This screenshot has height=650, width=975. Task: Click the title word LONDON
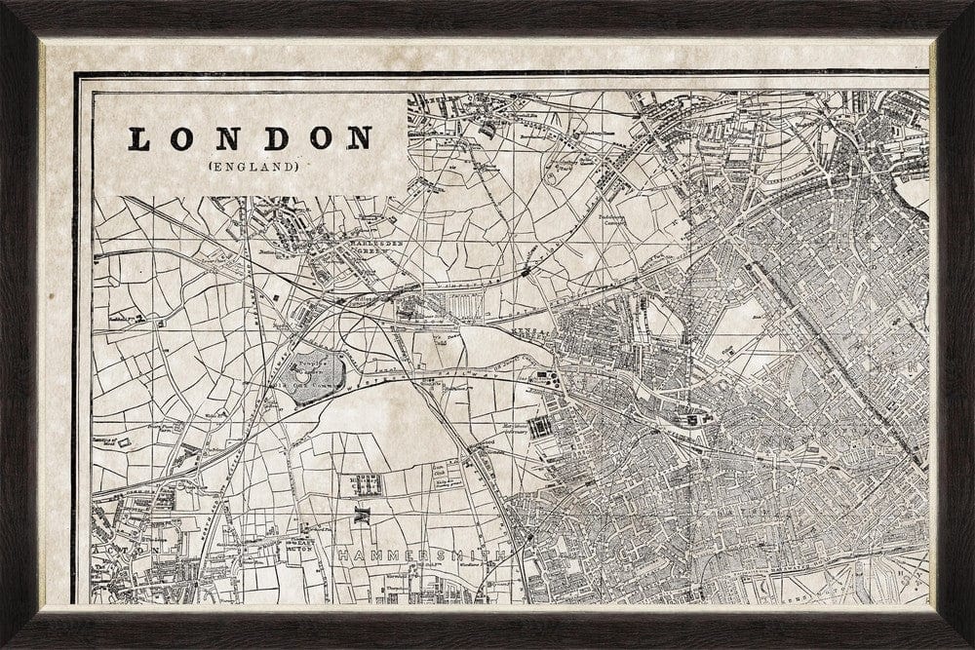(252, 138)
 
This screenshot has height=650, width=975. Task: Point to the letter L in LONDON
(139, 139)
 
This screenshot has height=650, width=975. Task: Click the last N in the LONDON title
(360, 138)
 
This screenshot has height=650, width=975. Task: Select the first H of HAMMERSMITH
(343, 555)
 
